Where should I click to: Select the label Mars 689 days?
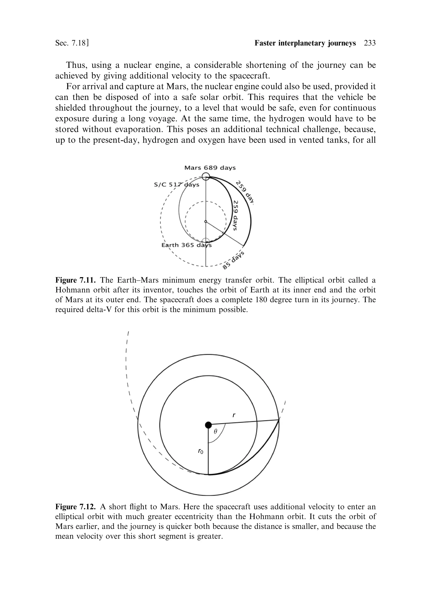point(210,168)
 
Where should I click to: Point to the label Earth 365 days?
point(186,245)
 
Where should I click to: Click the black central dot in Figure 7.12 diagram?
point(208,425)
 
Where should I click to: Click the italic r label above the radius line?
point(234,415)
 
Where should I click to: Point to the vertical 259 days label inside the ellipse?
point(235,215)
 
